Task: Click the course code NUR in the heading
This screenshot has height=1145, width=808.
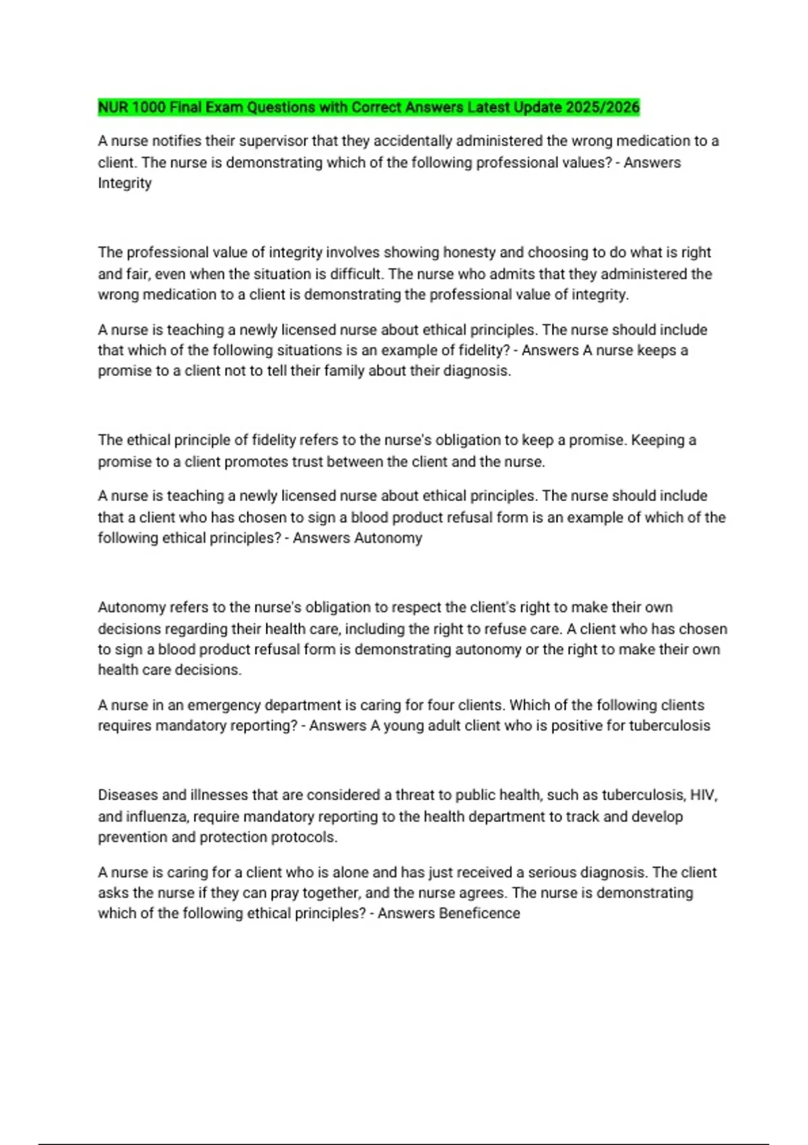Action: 112,108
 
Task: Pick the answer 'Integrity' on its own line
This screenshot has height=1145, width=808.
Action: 125,183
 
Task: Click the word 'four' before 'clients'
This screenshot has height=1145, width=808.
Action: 441,705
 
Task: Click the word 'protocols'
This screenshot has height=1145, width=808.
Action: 304,837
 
